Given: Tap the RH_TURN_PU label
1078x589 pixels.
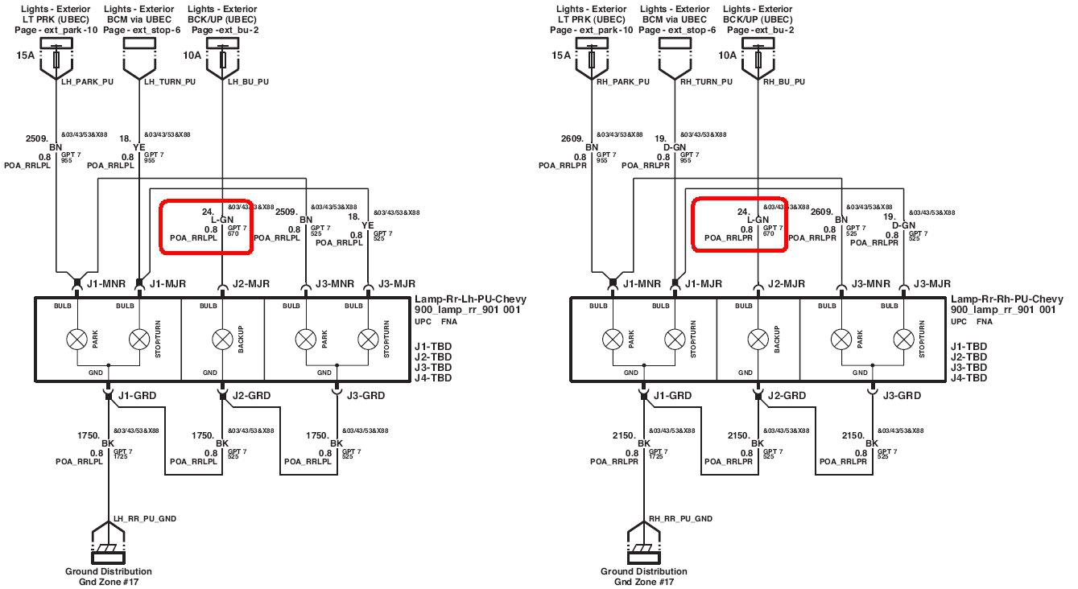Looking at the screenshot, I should coord(706,81).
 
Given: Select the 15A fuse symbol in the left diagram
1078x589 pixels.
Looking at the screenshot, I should coord(56,60).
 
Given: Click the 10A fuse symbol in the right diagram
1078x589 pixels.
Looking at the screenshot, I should coord(758,60).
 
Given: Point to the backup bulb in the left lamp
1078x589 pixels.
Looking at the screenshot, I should coord(222,340).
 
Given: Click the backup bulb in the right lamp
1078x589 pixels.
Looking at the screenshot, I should coord(758,340).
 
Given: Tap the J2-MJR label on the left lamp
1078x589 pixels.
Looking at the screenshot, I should coord(250,283).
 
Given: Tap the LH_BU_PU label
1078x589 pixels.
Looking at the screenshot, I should coord(248,81).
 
